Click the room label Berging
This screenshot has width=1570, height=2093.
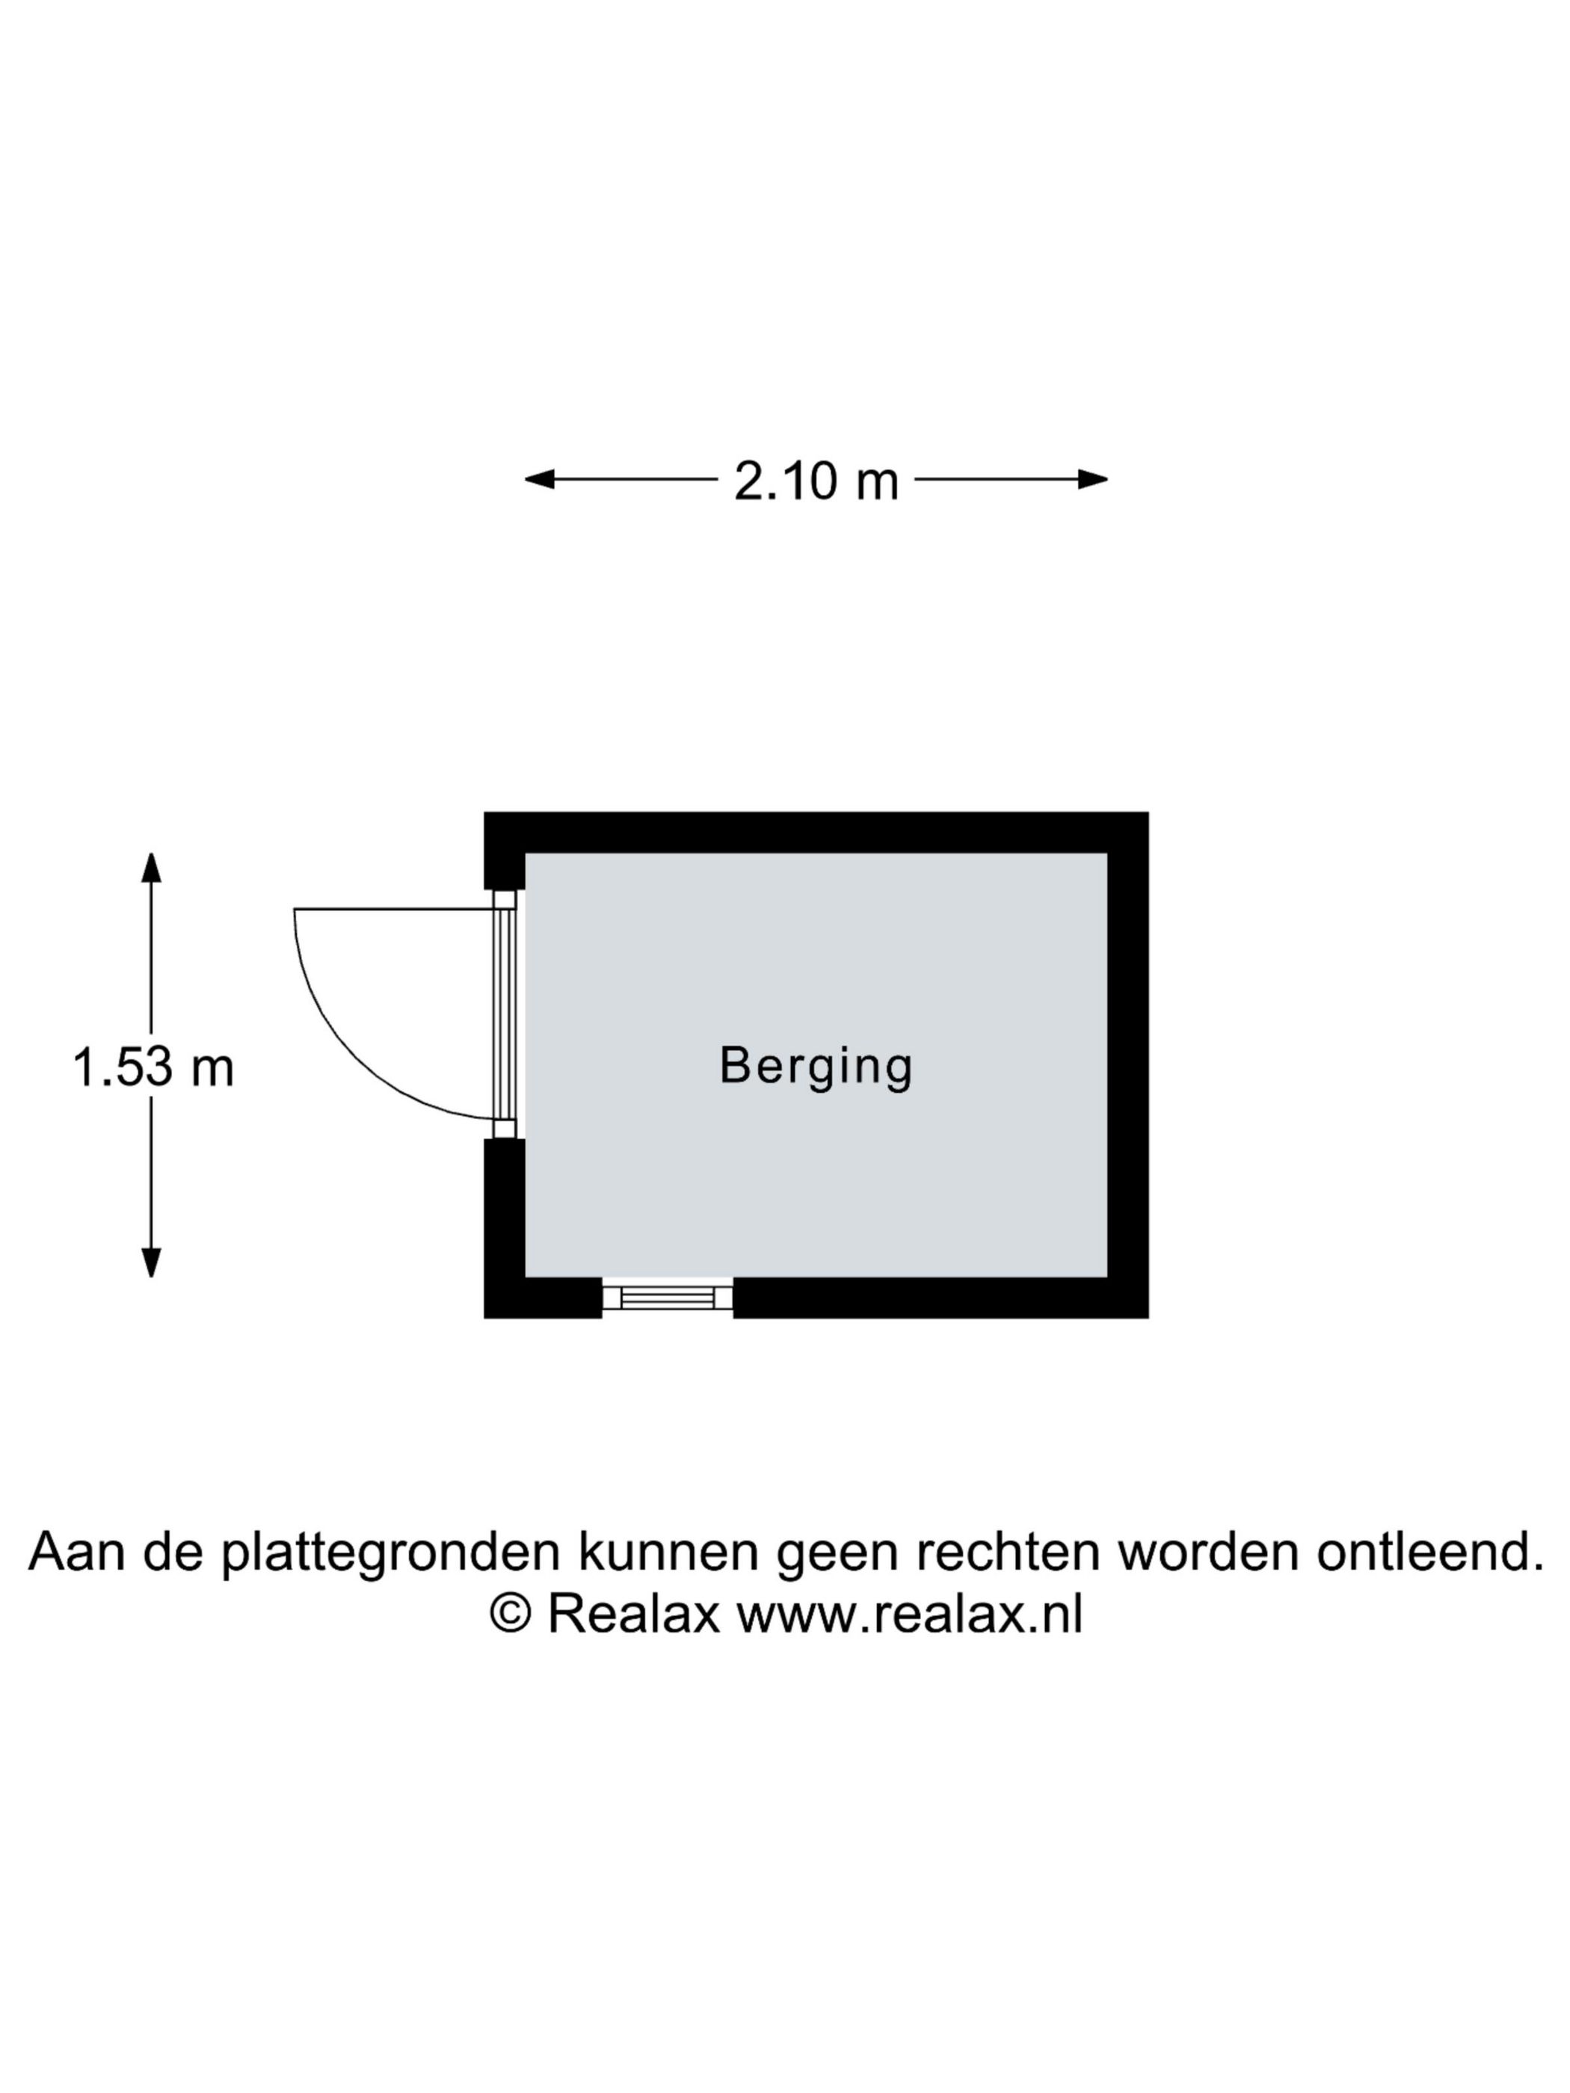point(815,1067)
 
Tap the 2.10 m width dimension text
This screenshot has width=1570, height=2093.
point(816,481)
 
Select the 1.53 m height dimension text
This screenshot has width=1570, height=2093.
point(153,1067)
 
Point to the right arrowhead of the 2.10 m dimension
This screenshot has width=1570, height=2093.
point(1093,479)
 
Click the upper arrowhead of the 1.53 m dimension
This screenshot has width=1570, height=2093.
point(152,866)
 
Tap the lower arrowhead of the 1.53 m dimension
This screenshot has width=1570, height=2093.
point(152,1263)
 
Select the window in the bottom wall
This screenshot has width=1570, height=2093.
point(667,1297)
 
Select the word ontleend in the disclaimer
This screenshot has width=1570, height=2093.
point(1430,1553)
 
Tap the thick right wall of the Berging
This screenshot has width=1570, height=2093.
point(1128,1064)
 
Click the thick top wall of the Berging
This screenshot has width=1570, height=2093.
point(816,833)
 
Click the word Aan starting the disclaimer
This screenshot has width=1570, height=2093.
point(77,1553)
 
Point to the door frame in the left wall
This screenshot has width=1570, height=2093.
point(505,1014)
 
